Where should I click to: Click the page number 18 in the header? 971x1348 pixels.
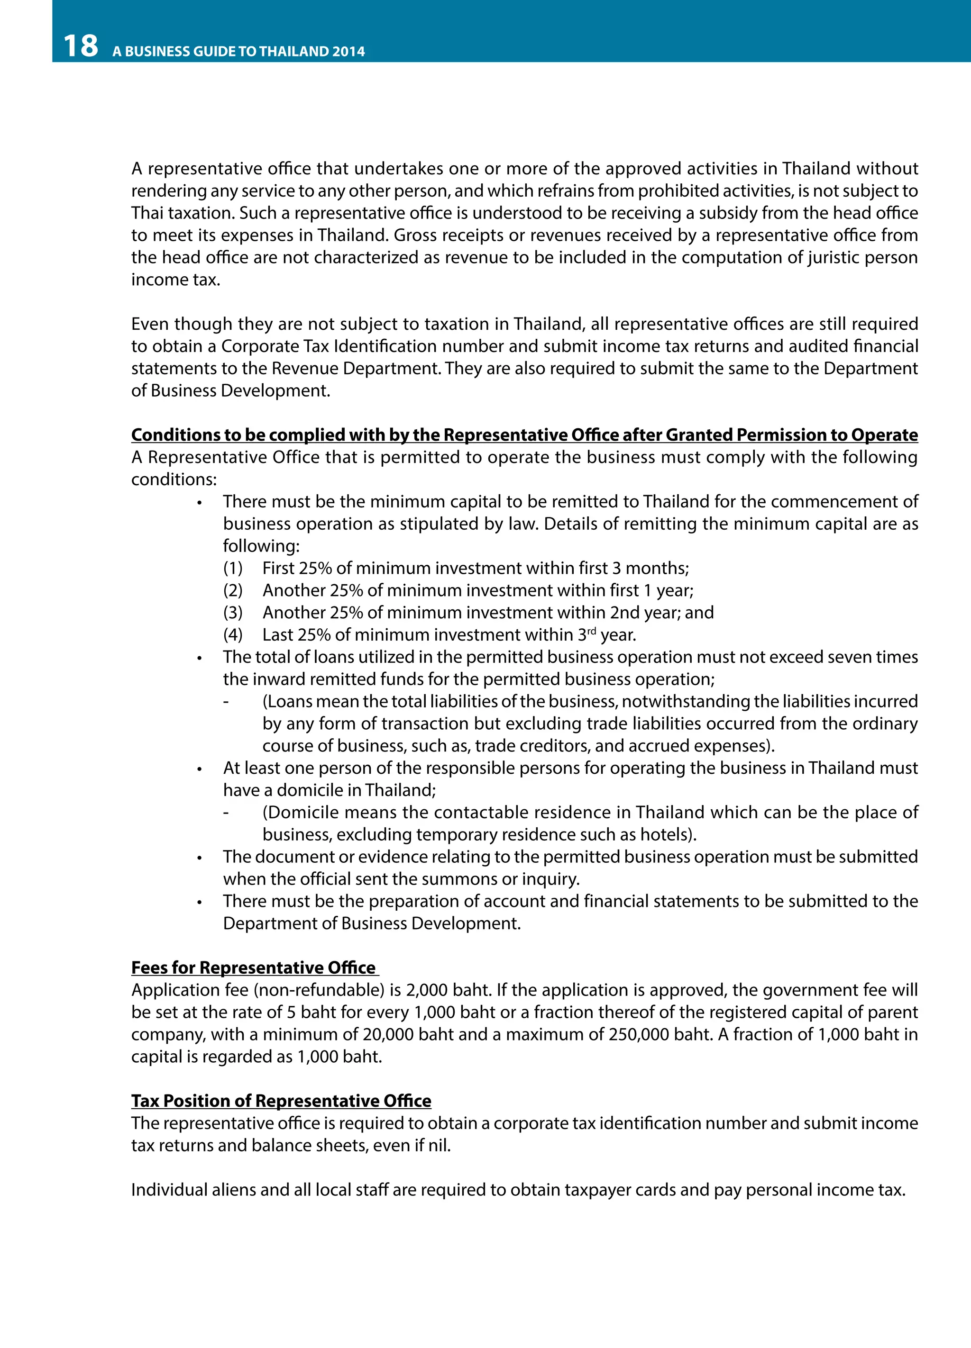[80, 46]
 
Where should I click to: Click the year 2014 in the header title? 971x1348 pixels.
[348, 52]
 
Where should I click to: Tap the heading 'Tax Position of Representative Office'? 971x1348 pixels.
[281, 1101]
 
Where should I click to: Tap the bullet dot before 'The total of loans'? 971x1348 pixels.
[200, 659]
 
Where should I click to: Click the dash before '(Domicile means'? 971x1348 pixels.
[226, 813]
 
